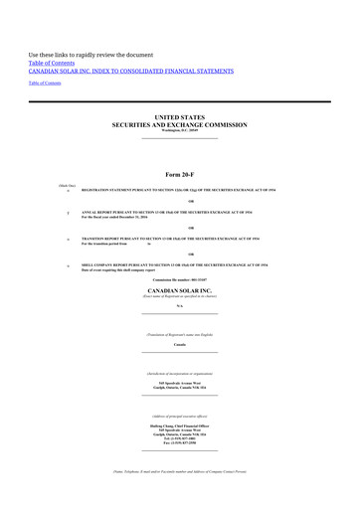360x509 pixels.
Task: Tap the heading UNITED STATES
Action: (x=179, y=116)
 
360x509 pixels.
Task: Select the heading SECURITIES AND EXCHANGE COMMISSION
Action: (x=179, y=124)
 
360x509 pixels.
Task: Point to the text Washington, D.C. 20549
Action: (x=179, y=131)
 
